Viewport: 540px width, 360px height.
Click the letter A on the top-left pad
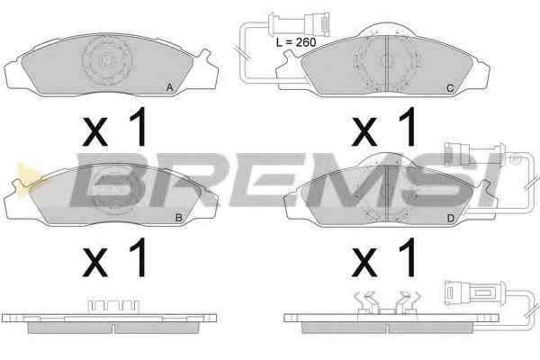coord(169,88)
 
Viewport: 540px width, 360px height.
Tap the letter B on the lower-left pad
coord(178,218)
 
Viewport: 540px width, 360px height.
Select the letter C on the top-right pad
coord(450,88)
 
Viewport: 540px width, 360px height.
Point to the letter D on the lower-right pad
coord(450,218)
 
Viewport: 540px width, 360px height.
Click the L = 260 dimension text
coord(296,42)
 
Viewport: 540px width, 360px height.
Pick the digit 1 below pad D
coord(408,257)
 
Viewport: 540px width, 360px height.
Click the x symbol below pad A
coord(95,131)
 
